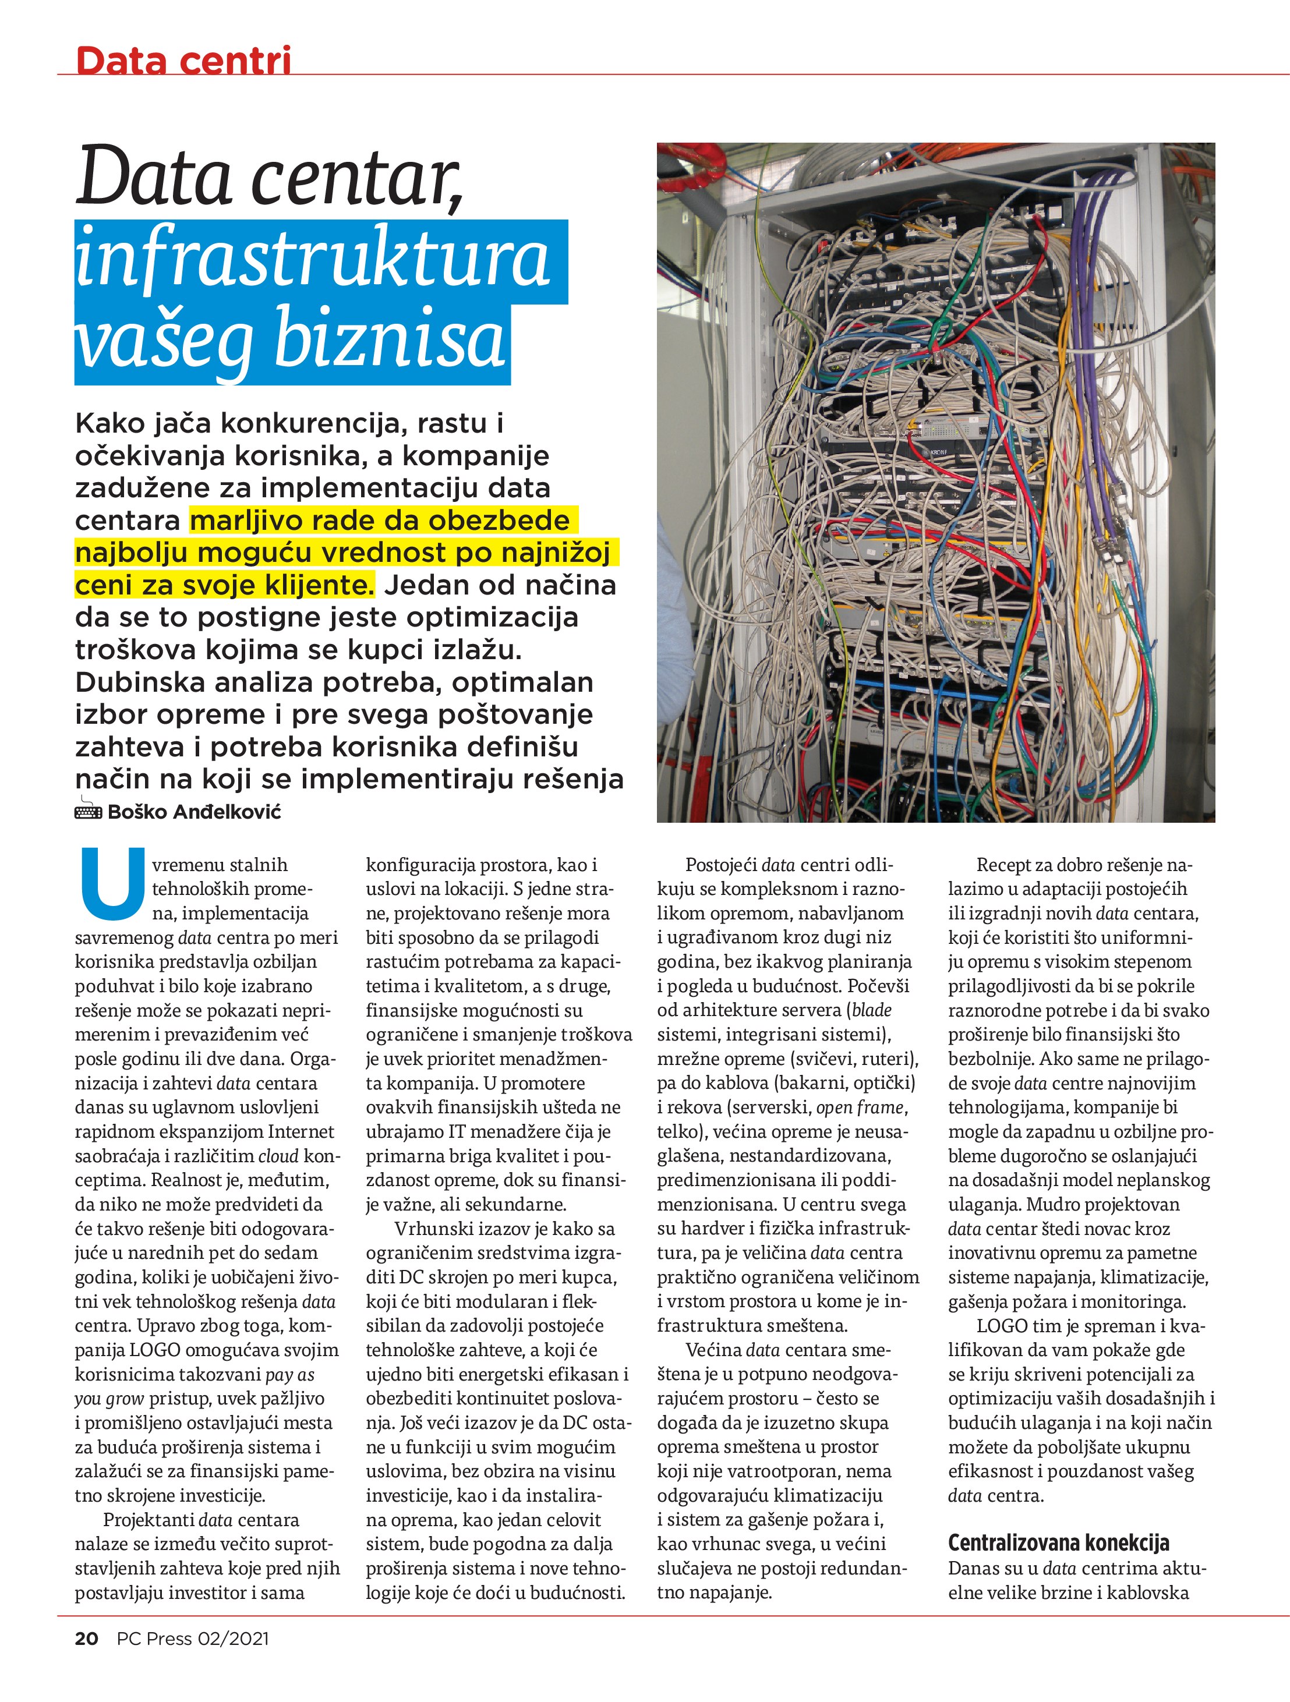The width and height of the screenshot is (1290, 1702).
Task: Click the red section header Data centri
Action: [x=183, y=60]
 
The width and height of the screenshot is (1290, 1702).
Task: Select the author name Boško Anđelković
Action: [x=194, y=812]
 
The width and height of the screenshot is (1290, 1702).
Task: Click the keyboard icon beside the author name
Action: [x=88, y=811]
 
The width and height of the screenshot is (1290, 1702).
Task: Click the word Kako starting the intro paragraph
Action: [x=108, y=423]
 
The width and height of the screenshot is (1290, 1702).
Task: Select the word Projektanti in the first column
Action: [x=148, y=1520]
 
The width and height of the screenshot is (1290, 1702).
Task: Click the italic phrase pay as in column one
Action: [x=289, y=1374]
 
